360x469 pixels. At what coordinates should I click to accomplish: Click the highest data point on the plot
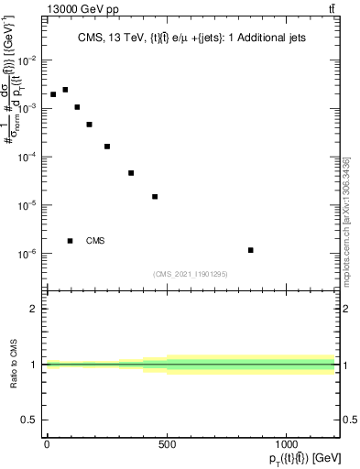click(x=65, y=90)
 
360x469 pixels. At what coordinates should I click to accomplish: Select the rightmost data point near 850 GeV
click(x=250, y=250)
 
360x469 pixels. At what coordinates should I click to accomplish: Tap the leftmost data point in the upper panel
click(x=53, y=94)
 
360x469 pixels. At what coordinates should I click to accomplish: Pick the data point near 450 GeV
click(x=155, y=197)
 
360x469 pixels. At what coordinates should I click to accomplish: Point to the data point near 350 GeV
click(x=131, y=173)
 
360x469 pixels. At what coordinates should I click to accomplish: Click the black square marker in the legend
click(x=71, y=241)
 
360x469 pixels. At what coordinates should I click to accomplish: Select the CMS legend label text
click(x=95, y=241)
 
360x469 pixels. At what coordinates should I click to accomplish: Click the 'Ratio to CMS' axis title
click(x=14, y=365)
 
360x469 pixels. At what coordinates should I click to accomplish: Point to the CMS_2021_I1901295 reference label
click(x=191, y=274)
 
